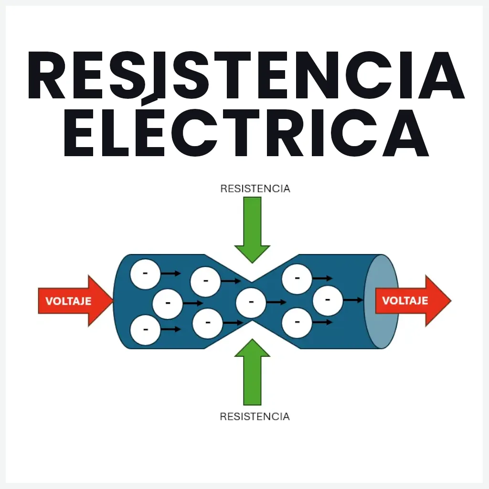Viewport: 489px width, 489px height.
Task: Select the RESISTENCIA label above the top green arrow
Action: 255,189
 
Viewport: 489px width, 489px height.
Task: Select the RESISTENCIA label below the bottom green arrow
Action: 255,416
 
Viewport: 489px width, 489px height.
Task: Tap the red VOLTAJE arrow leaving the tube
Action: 412,301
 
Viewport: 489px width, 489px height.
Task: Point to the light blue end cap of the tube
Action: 381,302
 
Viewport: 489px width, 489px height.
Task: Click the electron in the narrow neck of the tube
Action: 251,303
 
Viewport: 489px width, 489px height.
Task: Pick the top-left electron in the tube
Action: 145,274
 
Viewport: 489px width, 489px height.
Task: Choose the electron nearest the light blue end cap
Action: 328,300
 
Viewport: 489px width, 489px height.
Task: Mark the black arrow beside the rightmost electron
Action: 353,300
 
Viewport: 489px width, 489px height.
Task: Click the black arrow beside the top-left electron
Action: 170,274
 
